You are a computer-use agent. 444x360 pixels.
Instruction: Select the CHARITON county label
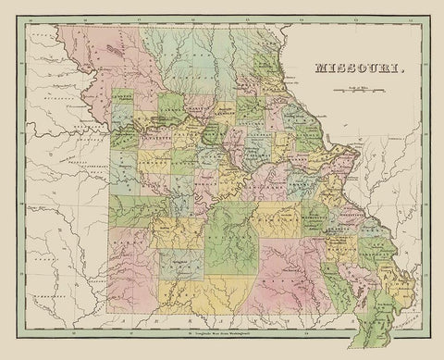199,111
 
